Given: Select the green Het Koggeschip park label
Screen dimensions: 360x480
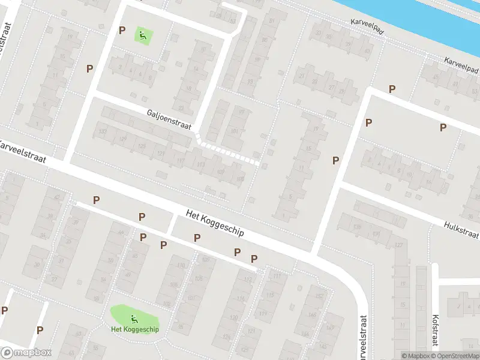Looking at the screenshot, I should [x=134, y=329].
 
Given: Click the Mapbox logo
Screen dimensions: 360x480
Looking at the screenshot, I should [x=26, y=353].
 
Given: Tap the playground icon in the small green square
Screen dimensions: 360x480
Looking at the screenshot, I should [x=143, y=35].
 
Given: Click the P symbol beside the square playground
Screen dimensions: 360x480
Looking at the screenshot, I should [x=122, y=30].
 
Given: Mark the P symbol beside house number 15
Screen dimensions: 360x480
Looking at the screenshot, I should [x=336, y=160].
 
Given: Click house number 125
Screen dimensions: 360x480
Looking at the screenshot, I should [x=142, y=146].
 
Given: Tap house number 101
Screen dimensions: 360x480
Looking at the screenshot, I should [x=233, y=131].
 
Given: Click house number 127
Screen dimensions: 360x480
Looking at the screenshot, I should [x=399, y=245].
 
